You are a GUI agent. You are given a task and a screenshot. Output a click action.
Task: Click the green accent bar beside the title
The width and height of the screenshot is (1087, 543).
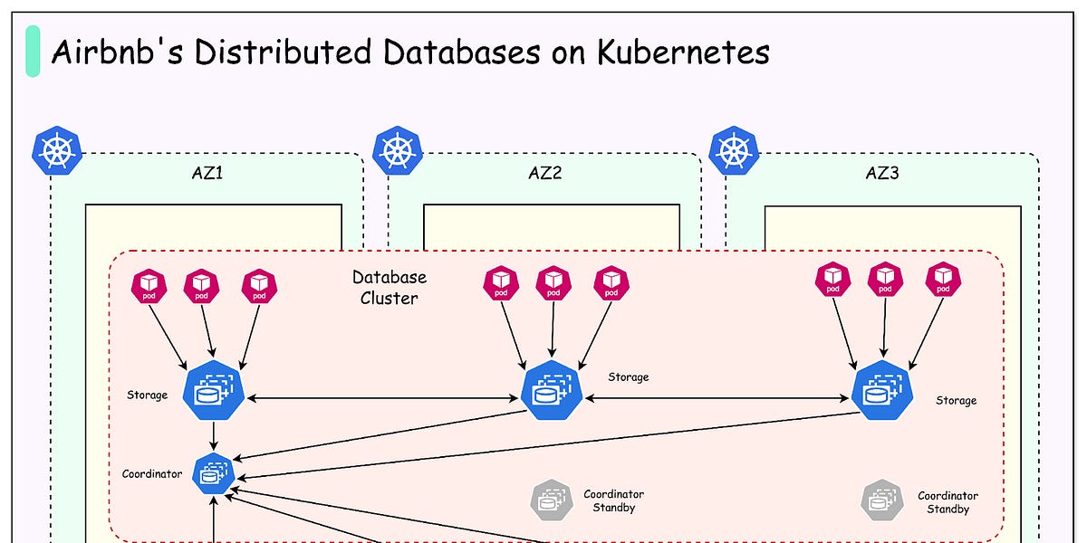pos(33,51)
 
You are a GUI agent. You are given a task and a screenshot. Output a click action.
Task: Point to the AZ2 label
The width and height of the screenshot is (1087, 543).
pos(544,173)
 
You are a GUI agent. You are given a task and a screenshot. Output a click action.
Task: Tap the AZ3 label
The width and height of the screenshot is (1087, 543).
pos(882,173)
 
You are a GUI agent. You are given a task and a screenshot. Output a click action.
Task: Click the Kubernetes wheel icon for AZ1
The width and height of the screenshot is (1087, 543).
pos(57,149)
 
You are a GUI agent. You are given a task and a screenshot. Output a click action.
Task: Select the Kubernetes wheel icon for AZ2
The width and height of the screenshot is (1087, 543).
pos(397,149)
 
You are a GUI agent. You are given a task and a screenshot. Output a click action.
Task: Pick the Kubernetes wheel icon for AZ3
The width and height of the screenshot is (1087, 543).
pos(734,149)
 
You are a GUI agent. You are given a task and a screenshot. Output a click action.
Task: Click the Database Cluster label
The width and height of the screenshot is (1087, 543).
pos(389,287)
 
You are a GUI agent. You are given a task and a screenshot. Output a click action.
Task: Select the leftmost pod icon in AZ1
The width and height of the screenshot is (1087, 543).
pos(148,287)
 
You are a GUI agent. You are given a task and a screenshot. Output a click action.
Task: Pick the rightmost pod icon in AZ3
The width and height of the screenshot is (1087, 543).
pos(943,280)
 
